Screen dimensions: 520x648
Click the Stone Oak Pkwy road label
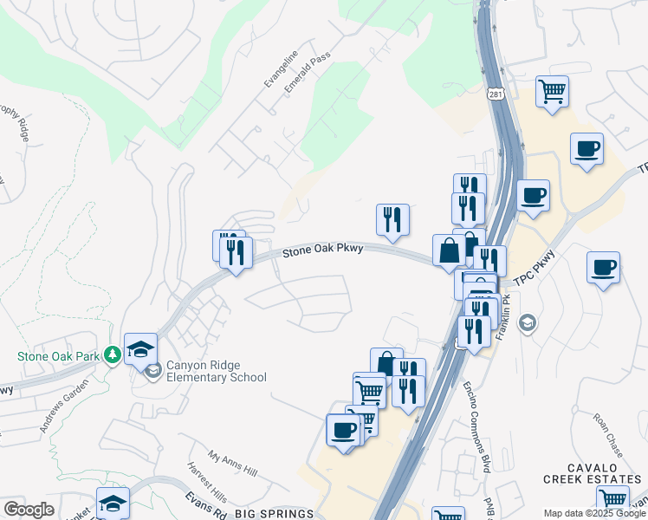click(x=322, y=250)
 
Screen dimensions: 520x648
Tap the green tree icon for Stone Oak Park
click(x=112, y=354)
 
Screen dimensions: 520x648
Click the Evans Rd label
click(x=205, y=506)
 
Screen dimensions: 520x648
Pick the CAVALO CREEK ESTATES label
click(x=593, y=473)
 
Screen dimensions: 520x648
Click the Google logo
click(x=29, y=510)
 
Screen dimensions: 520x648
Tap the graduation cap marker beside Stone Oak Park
click(x=139, y=349)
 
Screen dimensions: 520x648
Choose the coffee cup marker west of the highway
click(x=343, y=430)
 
